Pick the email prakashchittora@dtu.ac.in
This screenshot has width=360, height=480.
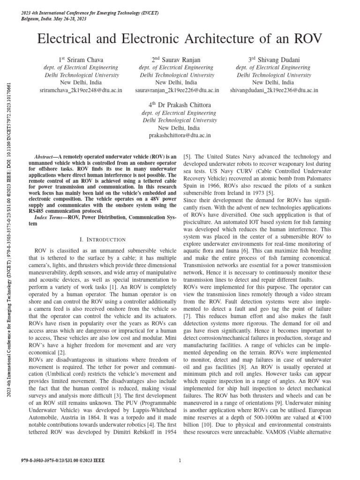[x=180, y=135]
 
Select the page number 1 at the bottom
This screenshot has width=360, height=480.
[x=180, y=461]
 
